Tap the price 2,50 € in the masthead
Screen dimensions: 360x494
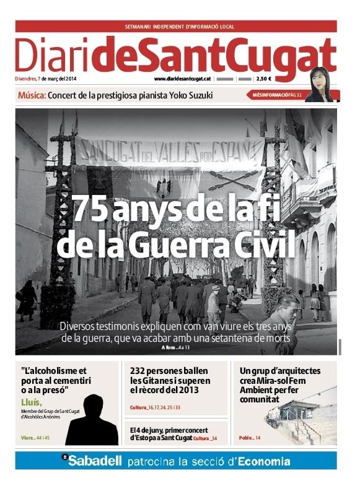[264, 79]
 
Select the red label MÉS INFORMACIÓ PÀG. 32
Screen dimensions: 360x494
[277, 95]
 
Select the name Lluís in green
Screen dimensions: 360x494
[31, 403]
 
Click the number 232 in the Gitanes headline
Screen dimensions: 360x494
[139, 370]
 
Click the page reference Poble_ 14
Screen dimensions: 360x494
[250, 438]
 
